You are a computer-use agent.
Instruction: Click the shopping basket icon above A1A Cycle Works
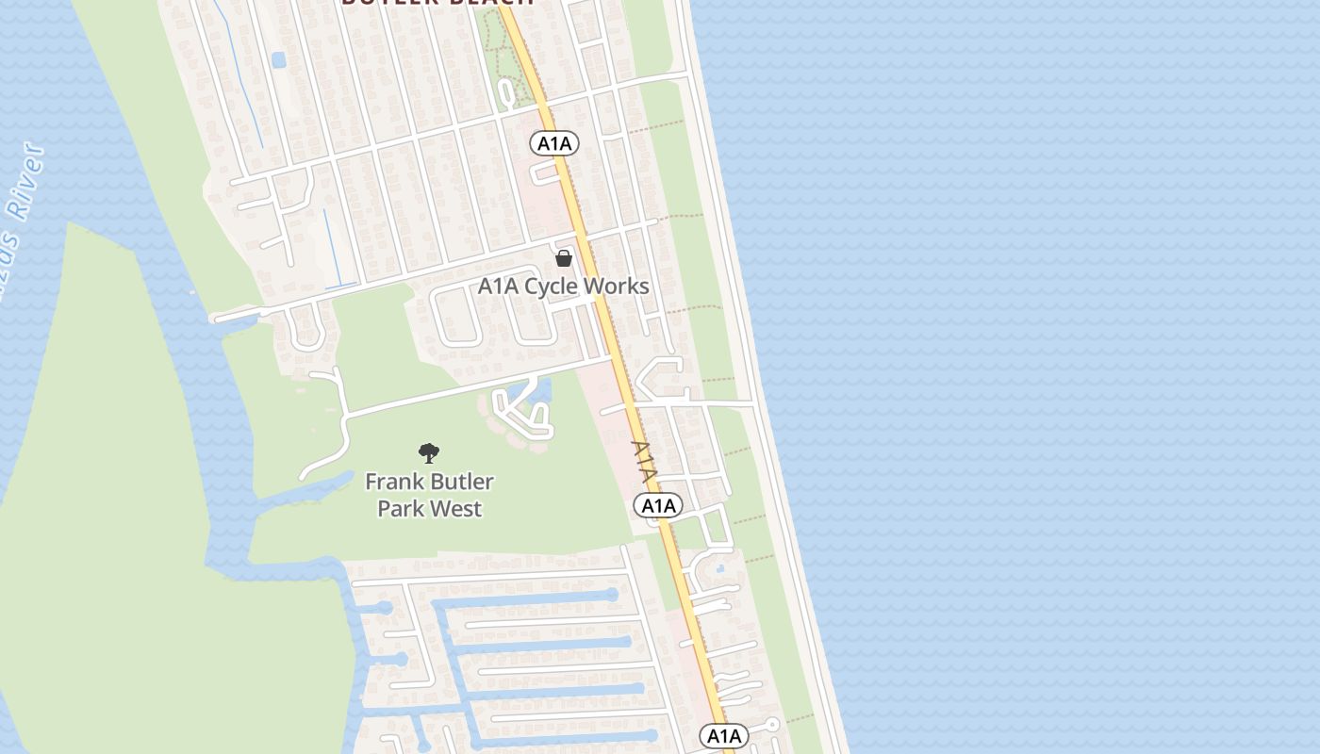[564, 257]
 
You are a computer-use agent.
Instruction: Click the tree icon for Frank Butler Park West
[429, 453]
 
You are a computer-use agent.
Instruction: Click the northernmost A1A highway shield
[554, 143]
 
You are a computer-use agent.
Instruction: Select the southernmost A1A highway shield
[724, 735]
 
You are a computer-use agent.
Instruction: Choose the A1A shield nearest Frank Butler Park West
[659, 506]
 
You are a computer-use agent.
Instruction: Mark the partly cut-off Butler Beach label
[437, 3]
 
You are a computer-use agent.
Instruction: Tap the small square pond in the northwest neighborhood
[278, 60]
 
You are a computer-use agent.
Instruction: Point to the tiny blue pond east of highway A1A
[720, 568]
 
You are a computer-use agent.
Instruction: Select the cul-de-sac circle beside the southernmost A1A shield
[772, 725]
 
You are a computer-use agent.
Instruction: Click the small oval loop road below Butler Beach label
[507, 92]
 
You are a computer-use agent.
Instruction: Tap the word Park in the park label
[400, 509]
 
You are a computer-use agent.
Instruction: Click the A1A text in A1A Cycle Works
[499, 286]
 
